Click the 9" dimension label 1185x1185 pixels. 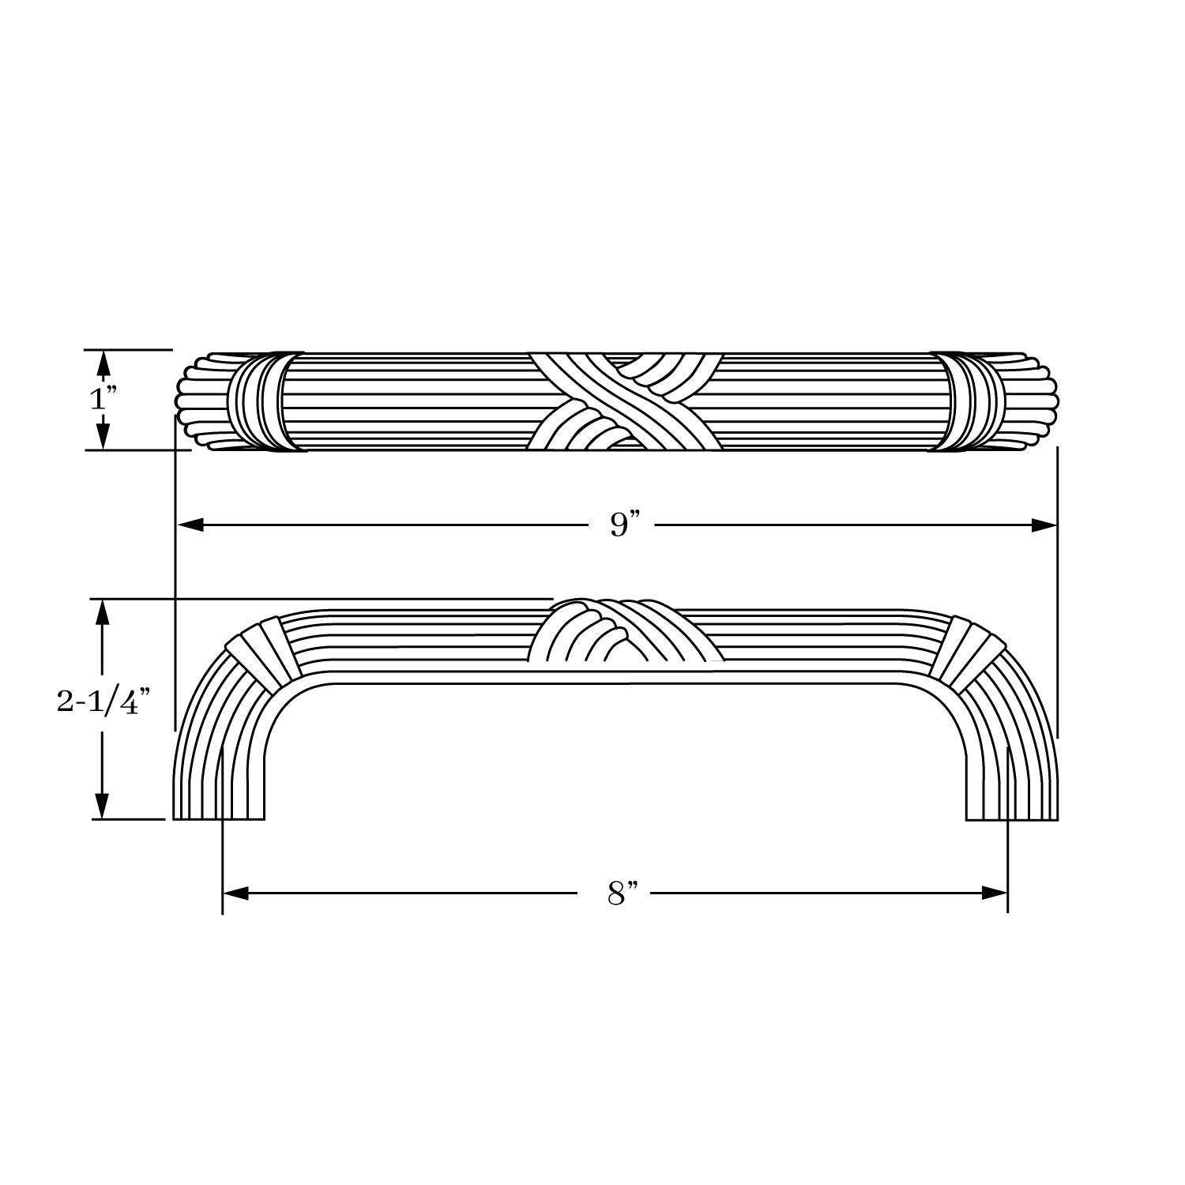click(x=623, y=525)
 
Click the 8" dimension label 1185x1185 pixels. click(x=622, y=893)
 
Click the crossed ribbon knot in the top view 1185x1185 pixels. click(x=623, y=401)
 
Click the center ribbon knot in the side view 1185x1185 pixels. click(x=623, y=632)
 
